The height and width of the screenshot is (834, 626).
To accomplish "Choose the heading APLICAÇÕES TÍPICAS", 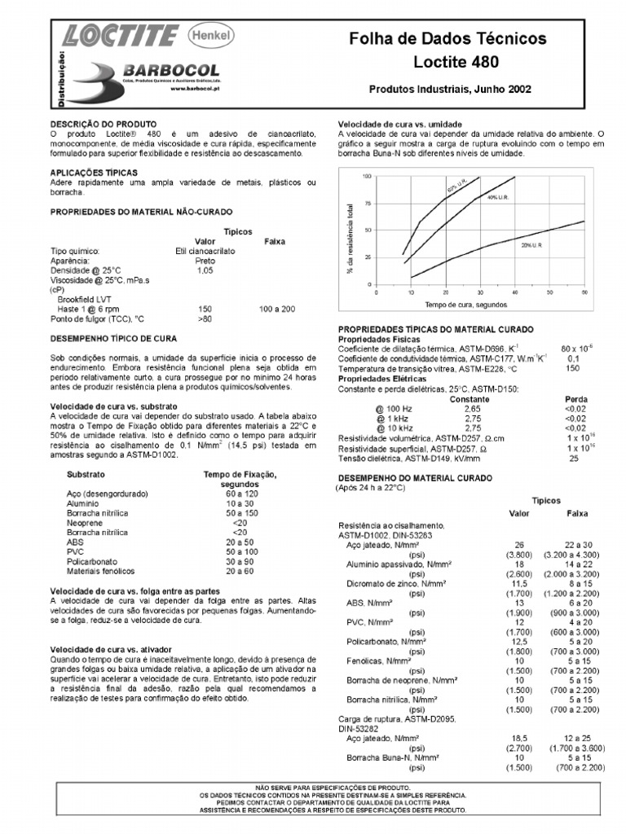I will coord(94,173).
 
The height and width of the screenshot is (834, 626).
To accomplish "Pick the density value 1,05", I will coord(205,270).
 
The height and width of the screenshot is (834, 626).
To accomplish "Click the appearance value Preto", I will coord(205,261).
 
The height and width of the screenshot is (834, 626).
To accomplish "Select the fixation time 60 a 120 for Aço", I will coord(240,494).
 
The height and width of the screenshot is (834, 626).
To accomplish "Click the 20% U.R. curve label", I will coord(532,244).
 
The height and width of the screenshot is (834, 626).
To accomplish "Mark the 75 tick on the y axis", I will coord(367,204).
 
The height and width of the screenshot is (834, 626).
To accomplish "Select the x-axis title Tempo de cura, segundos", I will coord(465,304).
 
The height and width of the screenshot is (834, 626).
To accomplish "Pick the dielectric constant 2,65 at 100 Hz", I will coord(473,409).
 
